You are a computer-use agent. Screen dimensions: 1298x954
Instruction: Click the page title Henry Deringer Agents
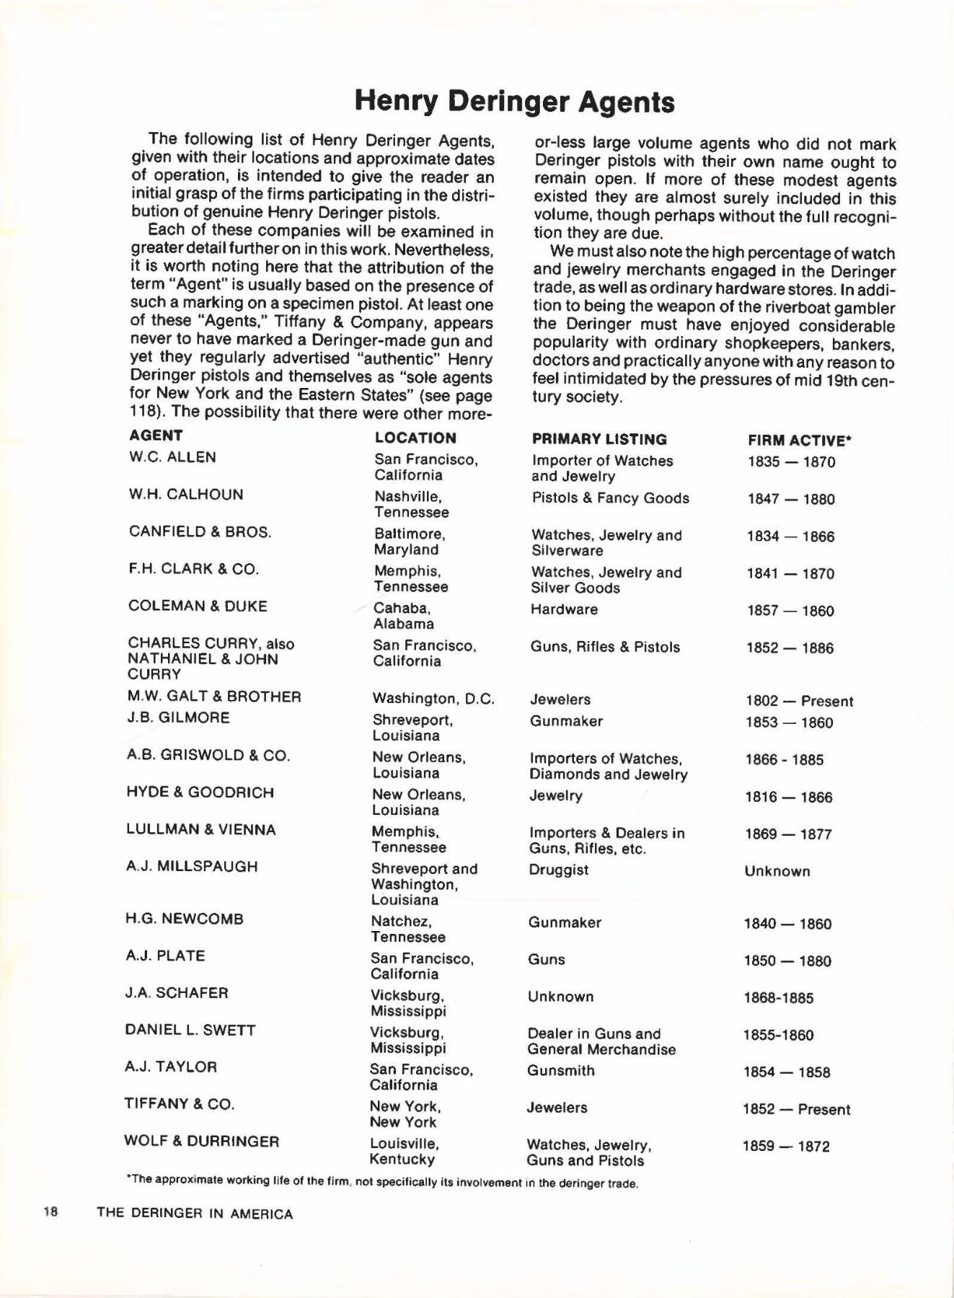pyautogui.click(x=514, y=102)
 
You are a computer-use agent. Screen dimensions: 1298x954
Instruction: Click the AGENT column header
pyautogui.click(x=156, y=436)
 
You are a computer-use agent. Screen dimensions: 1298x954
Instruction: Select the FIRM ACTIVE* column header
pyautogui.click(x=800, y=440)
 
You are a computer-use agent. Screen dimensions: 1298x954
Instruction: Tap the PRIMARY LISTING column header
pyautogui.click(x=599, y=439)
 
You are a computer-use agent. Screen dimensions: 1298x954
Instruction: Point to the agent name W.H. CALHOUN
pyautogui.click(x=186, y=495)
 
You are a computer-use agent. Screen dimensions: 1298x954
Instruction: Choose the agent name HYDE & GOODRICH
pyautogui.click(x=200, y=793)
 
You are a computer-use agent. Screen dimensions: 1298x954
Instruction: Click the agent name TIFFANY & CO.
pyautogui.click(x=180, y=1104)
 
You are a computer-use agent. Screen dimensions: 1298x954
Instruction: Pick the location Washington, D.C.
pyautogui.click(x=433, y=699)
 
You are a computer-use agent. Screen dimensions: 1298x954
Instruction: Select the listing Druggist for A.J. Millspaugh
pyautogui.click(x=558, y=870)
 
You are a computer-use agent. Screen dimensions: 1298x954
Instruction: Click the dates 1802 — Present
pyautogui.click(x=799, y=702)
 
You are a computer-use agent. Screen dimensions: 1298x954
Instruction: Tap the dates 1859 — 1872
pyautogui.click(x=786, y=1147)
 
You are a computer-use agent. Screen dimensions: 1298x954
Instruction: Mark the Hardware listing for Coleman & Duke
pyautogui.click(x=564, y=609)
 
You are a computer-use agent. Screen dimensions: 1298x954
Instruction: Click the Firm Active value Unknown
pyautogui.click(x=777, y=871)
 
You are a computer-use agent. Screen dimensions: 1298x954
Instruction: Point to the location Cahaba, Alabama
pyautogui.click(x=403, y=616)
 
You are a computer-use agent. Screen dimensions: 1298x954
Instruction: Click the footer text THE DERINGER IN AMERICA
pyautogui.click(x=195, y=1214)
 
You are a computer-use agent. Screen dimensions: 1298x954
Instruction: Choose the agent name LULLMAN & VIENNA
pyautogui.click(x=201, y=830)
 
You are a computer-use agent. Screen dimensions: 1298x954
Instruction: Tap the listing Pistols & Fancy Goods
pyautogui.click(x=610, y=498)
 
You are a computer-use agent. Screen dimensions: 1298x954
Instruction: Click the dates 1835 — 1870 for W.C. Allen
pyautogui.click(x=791, y=462)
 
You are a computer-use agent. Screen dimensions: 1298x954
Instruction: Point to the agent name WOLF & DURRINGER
pyautogui.click(x=202, y=1142)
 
